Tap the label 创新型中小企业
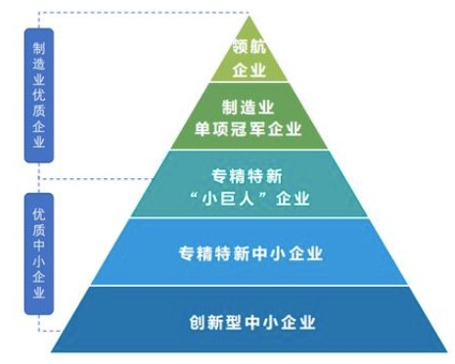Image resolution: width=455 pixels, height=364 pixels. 252,320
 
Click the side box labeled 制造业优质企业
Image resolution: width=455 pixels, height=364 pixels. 37,94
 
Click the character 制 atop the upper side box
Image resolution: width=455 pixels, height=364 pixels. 37,47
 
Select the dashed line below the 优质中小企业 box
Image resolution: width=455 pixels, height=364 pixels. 44,333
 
